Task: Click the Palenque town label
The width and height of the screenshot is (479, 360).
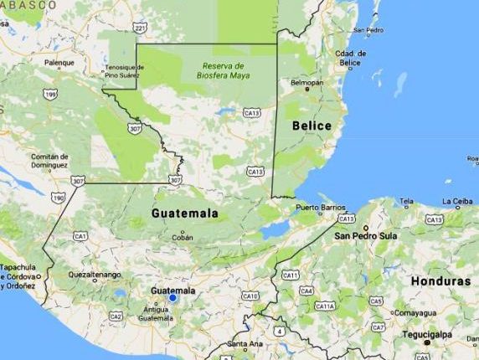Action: (x=59, y=63)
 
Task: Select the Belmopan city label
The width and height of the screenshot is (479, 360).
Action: (x=306, y=83)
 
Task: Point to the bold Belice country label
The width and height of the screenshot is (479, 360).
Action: (x=312, y=126)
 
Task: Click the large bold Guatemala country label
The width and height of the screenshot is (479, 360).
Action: (x=184, y=213)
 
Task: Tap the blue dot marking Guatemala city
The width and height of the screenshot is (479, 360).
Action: (x=173, y=297)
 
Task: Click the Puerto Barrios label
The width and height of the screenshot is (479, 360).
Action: (x=321, y=208)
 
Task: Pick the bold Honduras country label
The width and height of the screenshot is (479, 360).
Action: (x=441, y=281)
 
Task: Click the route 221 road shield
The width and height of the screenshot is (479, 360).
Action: (x=140, y=28)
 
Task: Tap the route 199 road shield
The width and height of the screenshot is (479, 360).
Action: (x=51, y=95)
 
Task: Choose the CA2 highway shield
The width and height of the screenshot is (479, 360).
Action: (x=116, y=316)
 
